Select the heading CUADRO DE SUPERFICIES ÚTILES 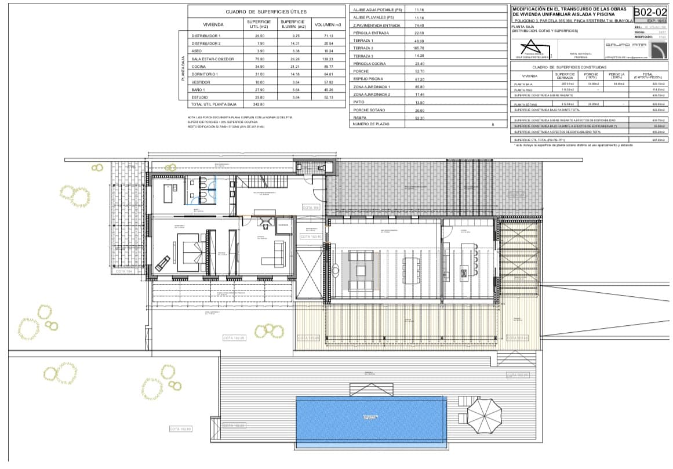coord(266,12)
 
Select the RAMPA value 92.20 coord(420,118)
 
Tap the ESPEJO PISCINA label coord(369,78)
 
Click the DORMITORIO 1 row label coord(204,74)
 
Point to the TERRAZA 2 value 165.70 coord(420,48)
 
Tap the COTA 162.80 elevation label coord(180,428)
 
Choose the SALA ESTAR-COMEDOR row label coord(209,59)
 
